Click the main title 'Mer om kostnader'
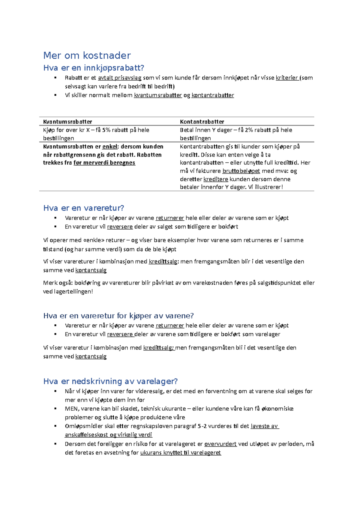[87, 55]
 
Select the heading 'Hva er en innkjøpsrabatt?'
[94, 68]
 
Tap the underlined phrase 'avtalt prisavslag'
[120, 78]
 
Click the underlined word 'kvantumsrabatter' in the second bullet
[158, 95]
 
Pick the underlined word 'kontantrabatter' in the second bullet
[213, 95]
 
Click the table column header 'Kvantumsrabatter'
[67, 122]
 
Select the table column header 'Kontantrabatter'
[202, 122]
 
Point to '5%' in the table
[106, 130]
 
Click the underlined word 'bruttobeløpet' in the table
[241, 171]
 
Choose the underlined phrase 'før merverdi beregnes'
[104, 163]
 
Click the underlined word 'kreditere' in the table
[216, 179]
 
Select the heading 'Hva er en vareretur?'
[84, 208]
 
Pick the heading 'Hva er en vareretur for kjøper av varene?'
[118, 316]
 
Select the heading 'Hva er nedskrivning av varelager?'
[110, 381]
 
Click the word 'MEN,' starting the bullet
[71, 409]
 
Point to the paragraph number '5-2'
[202, 426]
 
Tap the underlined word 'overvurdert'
[220, 444]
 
